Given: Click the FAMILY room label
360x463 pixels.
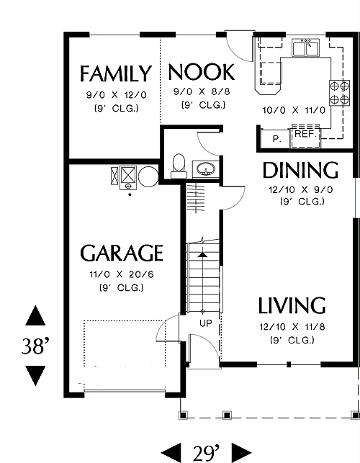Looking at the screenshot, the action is click(x=116, y=74).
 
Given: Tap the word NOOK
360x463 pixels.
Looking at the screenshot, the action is click(x=202, y=72).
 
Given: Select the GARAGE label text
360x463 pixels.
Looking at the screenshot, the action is click(x=122, y=253).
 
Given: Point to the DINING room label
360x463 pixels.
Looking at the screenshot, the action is click(x=300, y=170).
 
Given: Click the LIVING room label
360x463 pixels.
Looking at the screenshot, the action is click(x=292, y=305).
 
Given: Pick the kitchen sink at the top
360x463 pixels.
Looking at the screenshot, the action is click(x=306, y=48).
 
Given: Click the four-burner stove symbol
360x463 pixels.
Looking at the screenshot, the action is click(x=339, y=93).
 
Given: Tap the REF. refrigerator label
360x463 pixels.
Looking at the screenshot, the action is click(x=306, y=134).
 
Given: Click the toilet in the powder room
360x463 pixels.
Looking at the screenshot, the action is click(x=179, y=166).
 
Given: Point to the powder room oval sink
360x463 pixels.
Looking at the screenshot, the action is click(x=206, y=169).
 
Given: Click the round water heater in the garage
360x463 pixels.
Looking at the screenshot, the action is click(x=148, y=176).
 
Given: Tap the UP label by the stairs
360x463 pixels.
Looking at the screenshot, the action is click(x=206, y=323).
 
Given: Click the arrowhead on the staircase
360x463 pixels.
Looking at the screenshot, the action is click(x=202, y=254).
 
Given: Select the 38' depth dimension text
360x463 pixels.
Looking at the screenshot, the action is click(x=35, y=346).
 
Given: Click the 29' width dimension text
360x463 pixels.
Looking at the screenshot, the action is click(x=207, y=453).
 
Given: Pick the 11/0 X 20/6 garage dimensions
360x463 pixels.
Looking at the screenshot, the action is click(x=122, y=274).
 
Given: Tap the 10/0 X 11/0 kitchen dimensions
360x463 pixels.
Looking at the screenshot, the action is click(x=294, y=110).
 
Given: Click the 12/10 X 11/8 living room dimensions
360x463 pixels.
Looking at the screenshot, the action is click(x=292, y=327).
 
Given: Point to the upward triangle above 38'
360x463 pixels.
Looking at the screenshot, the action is click(x=35, y=316).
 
